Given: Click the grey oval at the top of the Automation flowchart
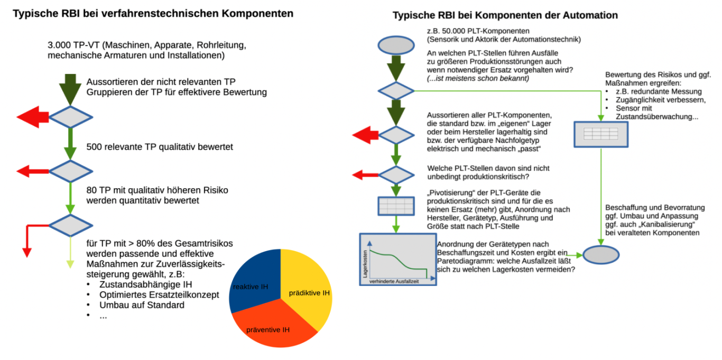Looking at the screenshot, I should [395, 44].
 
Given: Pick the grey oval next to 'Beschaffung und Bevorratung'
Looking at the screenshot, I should [601, 255].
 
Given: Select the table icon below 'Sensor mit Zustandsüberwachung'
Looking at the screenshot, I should [601, 134].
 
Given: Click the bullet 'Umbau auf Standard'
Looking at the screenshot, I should [142, 305].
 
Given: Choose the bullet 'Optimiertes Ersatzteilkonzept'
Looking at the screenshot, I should [159, 295].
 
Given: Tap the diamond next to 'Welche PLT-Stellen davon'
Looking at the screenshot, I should [395, 175].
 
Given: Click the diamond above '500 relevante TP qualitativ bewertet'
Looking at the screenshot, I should [70, 117].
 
